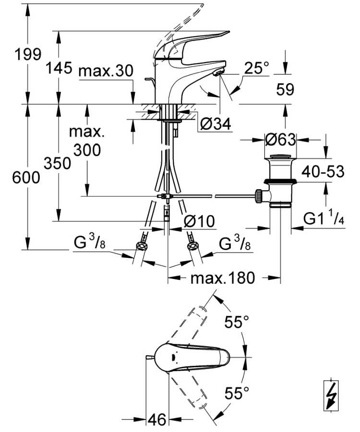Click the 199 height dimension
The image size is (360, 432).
27,54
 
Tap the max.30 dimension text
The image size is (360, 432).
105,71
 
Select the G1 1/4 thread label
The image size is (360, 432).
324,219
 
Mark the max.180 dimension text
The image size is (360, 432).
223,277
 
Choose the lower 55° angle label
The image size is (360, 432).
237,394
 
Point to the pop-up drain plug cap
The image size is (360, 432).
281,157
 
